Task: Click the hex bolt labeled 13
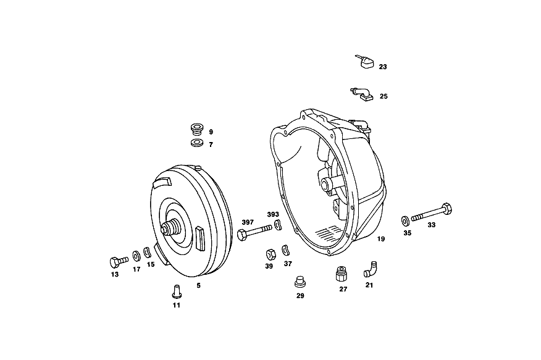tap(119, 262)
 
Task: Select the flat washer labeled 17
tap(136, 256)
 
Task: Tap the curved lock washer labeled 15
tap(148, 252)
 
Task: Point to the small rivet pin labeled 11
tap(177, 291)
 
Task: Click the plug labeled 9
tap(197, 129)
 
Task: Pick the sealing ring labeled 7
tap(197, 143)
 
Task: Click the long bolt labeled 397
tap(254, 232)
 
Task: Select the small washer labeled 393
tap(278, 225)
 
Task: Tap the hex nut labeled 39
tap(271, 254)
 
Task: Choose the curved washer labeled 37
tap(285, 250)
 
